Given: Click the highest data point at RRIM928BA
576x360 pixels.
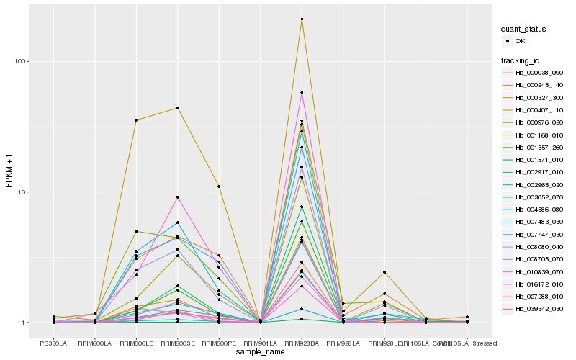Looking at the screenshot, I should (302, 19).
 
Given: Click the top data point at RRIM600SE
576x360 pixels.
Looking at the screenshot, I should (177, 108).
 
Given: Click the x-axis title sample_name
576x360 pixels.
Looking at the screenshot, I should (260, 351).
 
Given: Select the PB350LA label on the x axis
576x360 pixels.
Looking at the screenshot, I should (53, 342).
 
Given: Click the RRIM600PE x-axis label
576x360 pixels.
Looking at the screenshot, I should (219, 342).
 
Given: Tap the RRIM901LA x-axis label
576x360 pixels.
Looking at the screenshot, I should (260, 342).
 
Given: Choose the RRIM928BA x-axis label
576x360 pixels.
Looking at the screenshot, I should (302, 342).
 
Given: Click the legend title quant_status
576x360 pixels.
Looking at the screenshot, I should (523, 29).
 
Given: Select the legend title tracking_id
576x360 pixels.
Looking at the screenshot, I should (521, 60).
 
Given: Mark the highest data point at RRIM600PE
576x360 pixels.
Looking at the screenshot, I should (219, 186).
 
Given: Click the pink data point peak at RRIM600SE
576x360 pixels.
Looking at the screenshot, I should (177, 197).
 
